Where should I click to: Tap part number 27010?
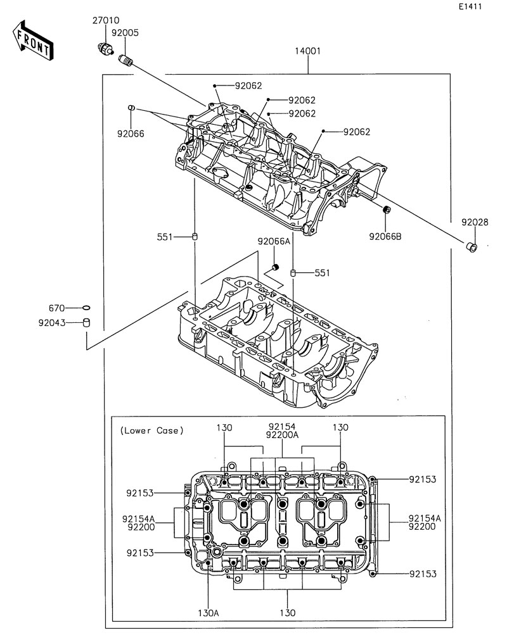[x=106, y=21]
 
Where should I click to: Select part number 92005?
[x=125, y=32]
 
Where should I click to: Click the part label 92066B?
[x=385, y=237]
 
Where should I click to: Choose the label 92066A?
[x=273, y=241]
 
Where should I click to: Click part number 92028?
[x=475, y=222]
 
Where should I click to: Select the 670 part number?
[x=57, y=308]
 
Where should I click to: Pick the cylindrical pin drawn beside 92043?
[x=87, y=323]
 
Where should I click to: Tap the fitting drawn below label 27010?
[x=105, y=47]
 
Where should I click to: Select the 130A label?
[x=208, y=613]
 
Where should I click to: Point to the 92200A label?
[x=282, y=435]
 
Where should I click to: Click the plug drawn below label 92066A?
[x=293, y=267]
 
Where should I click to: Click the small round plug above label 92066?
[x=131, y=108]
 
